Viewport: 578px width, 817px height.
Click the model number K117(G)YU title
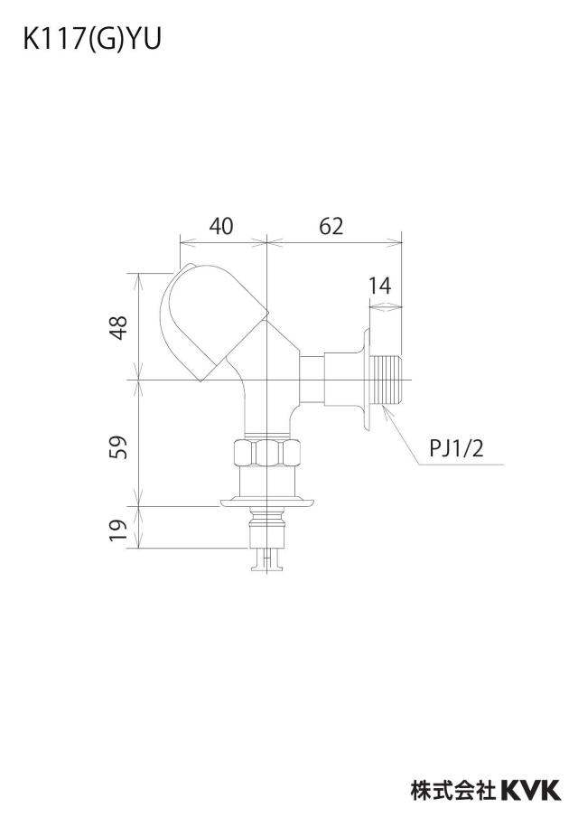click(92, 39)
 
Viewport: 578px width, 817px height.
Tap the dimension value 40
click(221, 226)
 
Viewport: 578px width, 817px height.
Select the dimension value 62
click(331, 226)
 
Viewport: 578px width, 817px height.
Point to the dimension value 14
click(380, 286)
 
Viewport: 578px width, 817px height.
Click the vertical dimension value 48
click(120, 328)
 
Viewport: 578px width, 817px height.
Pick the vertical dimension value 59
click(120, 447)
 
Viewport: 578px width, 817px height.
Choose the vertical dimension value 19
click(120, 530)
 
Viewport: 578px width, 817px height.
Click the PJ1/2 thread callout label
click(456, 448)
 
